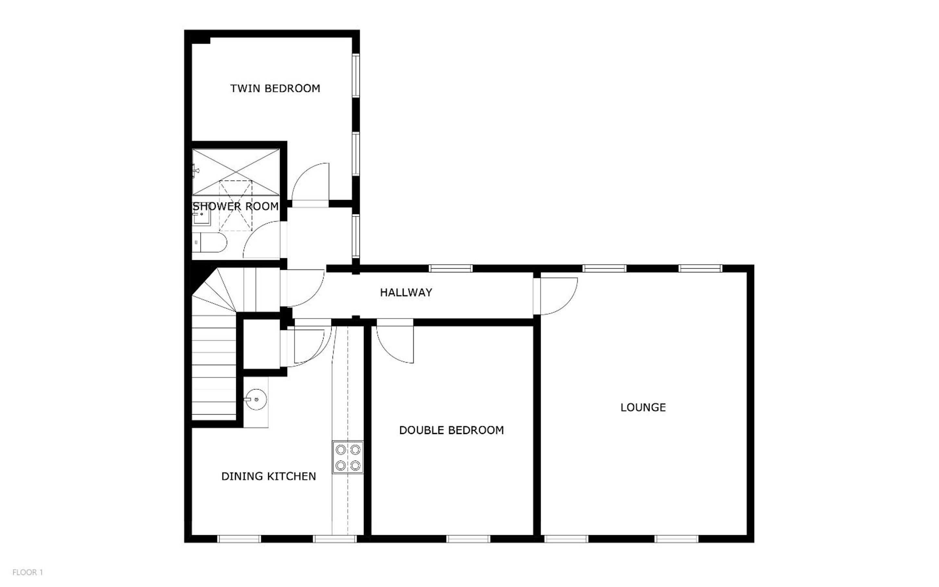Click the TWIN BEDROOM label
tap(275, 88)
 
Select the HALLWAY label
tap(406, 292)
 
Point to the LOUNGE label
tap(643, 407)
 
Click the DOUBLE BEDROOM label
tap(451, 430)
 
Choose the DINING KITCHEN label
tap(269, 476)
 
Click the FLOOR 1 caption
tap(28, 572)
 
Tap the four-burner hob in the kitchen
tap(348, 457)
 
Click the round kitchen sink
tap(255, 400)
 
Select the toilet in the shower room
tap(209, 243)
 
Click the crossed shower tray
tap(236, 172)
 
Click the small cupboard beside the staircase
tap(261, 344)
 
